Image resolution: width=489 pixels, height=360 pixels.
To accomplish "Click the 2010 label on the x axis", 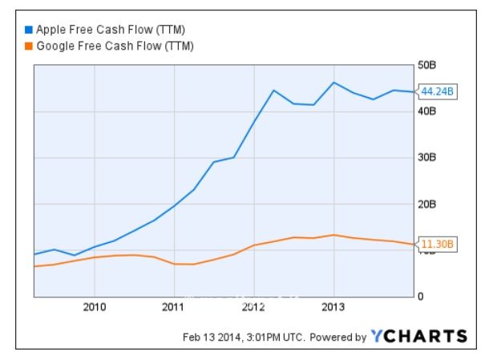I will (x=95, y=307).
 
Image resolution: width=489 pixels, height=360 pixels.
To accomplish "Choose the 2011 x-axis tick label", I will (x=174, y=307).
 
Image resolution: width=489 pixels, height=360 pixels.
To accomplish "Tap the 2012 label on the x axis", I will (x=253, y=307).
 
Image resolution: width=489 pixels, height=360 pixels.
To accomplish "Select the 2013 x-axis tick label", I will (x=333, y=307).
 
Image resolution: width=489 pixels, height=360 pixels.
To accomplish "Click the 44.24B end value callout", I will (x=438, y=91).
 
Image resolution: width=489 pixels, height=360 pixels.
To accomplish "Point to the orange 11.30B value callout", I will (x=438, y=245).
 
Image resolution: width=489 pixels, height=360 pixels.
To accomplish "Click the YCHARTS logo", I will (x=418, y=336).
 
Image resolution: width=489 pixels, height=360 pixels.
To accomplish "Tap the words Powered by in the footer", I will (x=337, y=337).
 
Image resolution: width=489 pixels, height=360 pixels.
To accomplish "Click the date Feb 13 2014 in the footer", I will (x=210, y=337).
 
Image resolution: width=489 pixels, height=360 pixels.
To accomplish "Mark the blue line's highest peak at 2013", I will (x=334, y=83).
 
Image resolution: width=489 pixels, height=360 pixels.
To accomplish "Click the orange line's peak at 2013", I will (x=334, y=235).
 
